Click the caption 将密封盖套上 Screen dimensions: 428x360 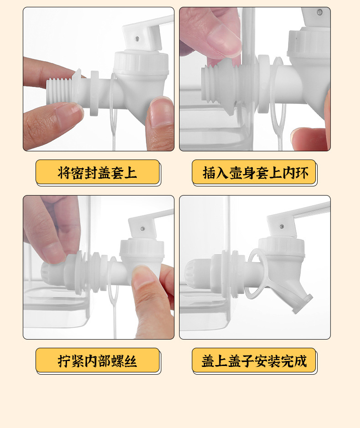pyautogui.click(x=97, y=173)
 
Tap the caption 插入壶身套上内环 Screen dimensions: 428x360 pyautogui.click(x=254, y=173)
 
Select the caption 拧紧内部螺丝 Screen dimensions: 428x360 pyautogui.click(x=97, y=361)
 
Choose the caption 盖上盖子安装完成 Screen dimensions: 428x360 pyautogui.click(x=254, y=361)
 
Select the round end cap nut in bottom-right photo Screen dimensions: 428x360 pyautogui.click(x=197, y=272)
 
